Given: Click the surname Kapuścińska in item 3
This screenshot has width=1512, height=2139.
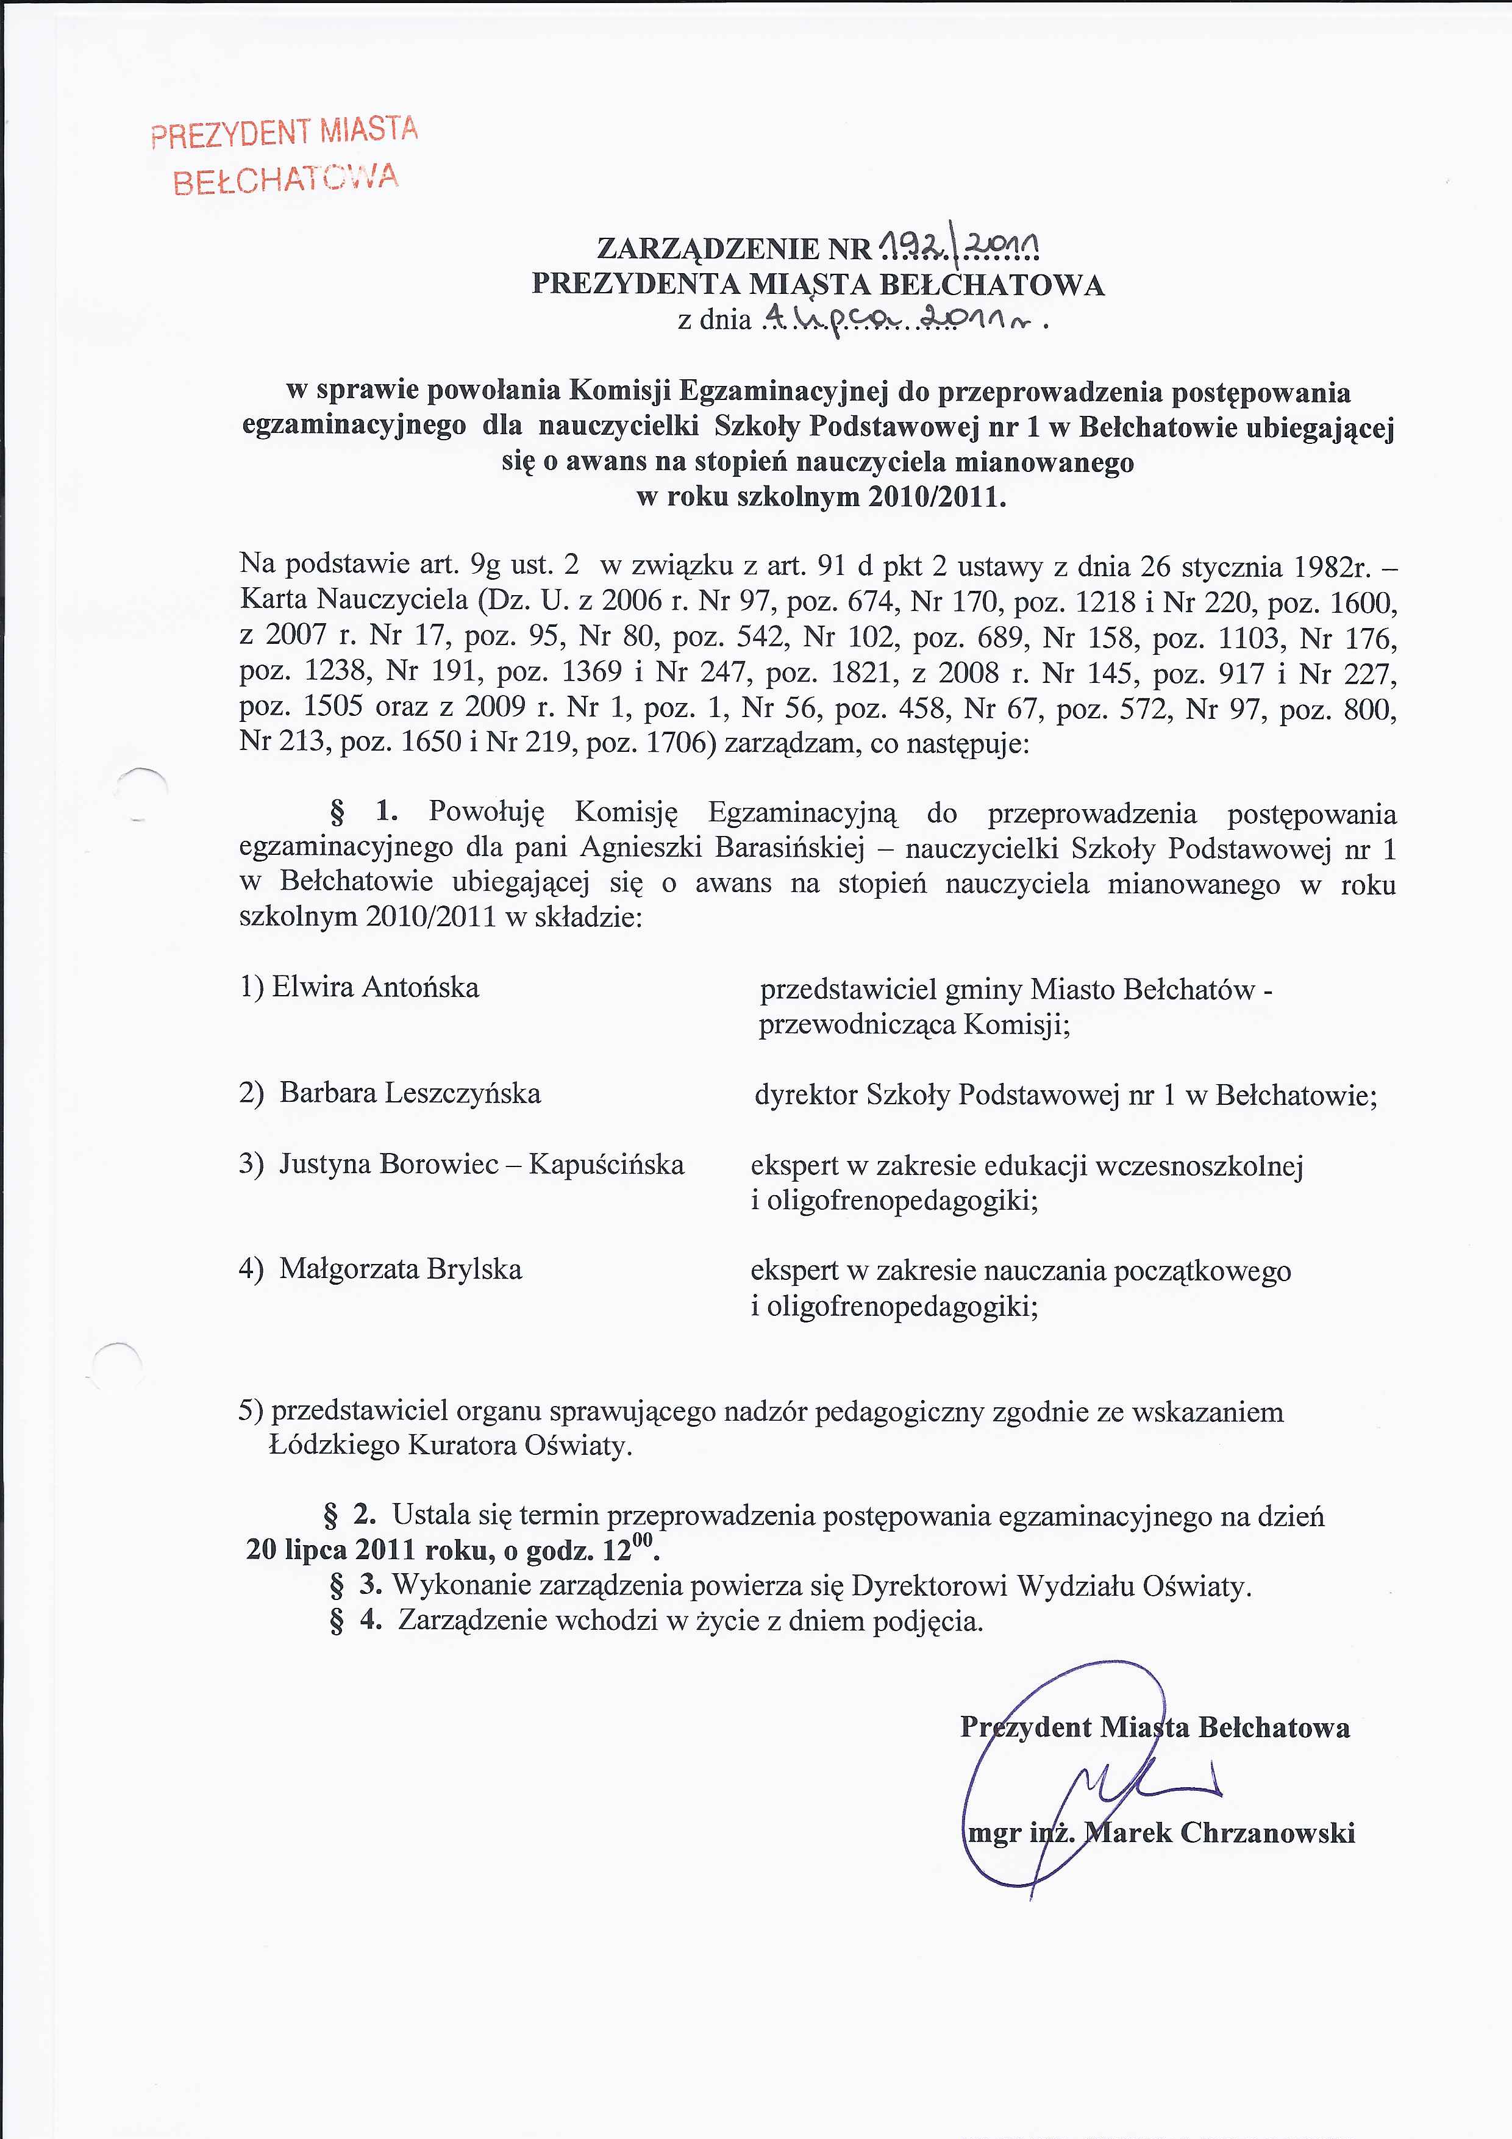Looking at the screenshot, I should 607,1165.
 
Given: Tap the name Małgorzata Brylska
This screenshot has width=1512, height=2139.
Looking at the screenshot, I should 401,1269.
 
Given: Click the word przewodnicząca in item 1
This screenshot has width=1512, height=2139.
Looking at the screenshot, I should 857,1025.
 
